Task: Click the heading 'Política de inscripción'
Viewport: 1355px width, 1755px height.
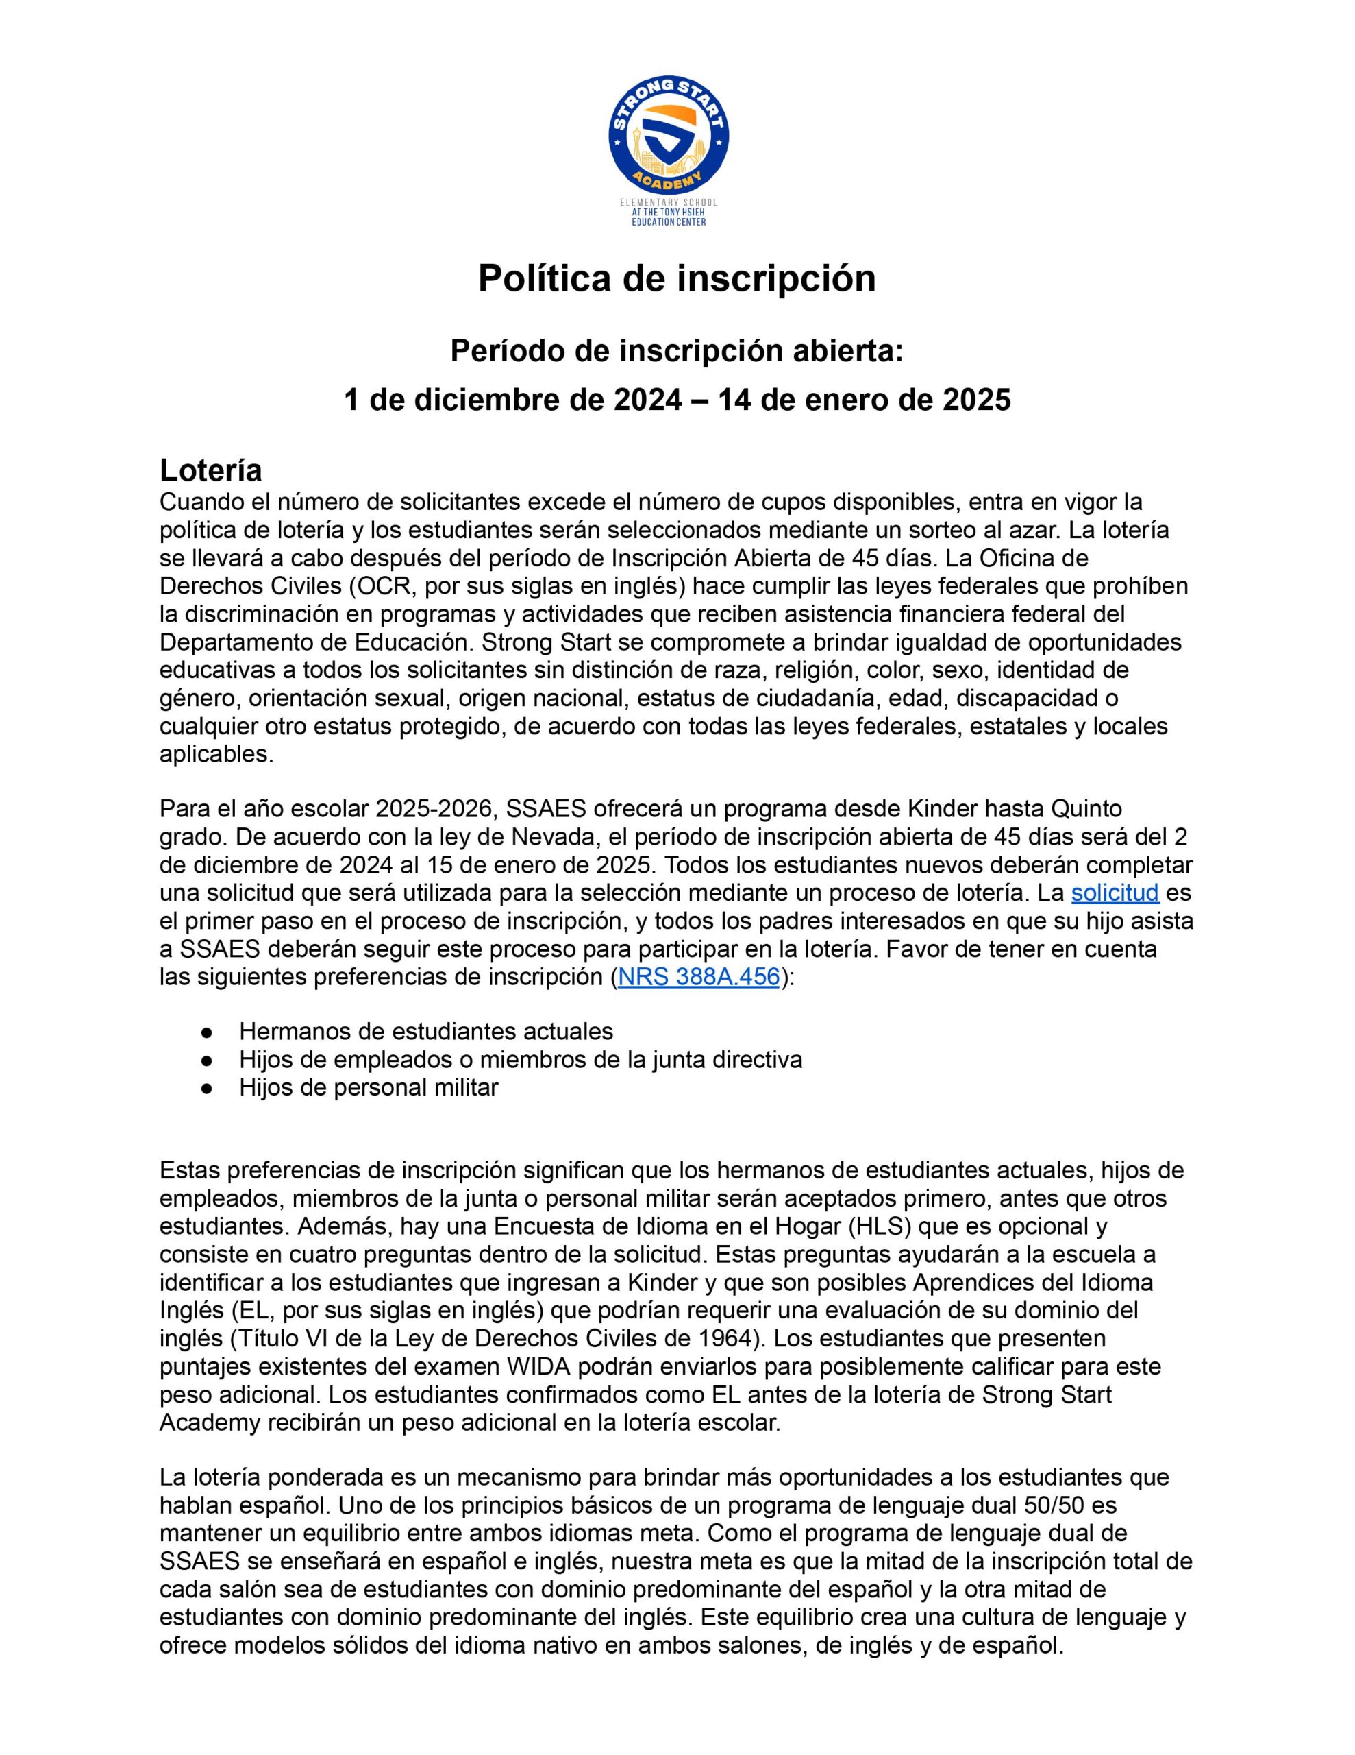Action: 676,279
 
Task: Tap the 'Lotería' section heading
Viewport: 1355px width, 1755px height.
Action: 211,470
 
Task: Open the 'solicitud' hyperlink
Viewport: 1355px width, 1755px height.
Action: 1115,893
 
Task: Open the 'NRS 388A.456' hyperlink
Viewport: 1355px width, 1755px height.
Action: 698,977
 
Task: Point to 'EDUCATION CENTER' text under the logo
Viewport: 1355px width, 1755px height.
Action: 669,222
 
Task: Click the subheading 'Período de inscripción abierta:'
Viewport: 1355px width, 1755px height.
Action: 676,350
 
